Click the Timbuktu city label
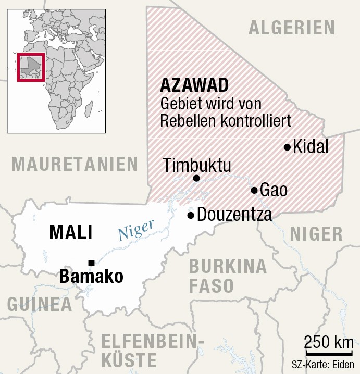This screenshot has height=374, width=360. [x=197, y=165]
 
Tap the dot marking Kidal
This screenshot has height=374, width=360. [x=287, y=147]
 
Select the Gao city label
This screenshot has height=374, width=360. [x=274, y=190]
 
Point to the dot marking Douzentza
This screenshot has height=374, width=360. [x=191, y=215]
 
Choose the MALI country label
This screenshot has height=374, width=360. [x=71, y=232]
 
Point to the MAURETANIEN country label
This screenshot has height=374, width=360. [x=75, y=164]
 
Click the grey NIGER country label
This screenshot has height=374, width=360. [x=316, y=234]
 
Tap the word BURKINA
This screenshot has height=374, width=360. [x=228, y=266]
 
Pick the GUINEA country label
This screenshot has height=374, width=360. [x=40, y=305]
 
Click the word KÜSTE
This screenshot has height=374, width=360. [x=129, y=360]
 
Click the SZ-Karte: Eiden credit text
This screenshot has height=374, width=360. [x=325, y=365]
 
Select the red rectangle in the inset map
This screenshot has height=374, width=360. [x=31, y=67]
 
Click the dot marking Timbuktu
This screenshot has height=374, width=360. [x=196, y=179]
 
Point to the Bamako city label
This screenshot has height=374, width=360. [x=91, y=276]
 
